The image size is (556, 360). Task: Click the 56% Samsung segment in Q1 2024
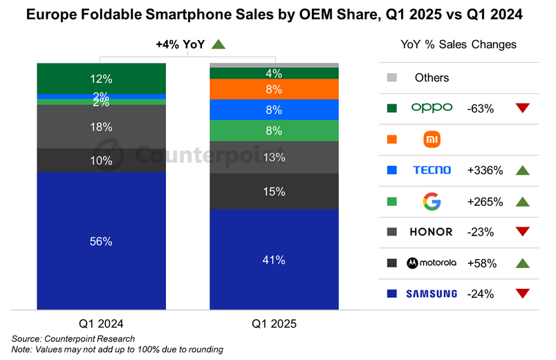(101, 240)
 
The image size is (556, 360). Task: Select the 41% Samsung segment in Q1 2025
(274, 259)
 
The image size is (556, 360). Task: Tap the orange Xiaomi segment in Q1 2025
(274, 89)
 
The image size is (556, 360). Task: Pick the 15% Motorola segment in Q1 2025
(274, 191)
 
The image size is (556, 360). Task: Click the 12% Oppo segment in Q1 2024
(101, 78)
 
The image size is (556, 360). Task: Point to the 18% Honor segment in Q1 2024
(101, 126)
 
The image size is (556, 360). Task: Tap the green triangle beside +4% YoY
(219, 45)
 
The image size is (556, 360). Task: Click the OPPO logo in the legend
(432, 107)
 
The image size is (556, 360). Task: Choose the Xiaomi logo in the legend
(432, 139)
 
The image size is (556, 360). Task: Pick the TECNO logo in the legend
(432, 170)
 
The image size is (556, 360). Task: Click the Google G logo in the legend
(432, 202)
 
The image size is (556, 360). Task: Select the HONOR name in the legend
(432, 232)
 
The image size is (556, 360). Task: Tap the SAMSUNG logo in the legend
(432, 294)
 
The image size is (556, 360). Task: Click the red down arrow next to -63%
(523, 108)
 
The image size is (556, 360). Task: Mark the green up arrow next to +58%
(523, 263)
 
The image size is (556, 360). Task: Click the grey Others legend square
(393, 77)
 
